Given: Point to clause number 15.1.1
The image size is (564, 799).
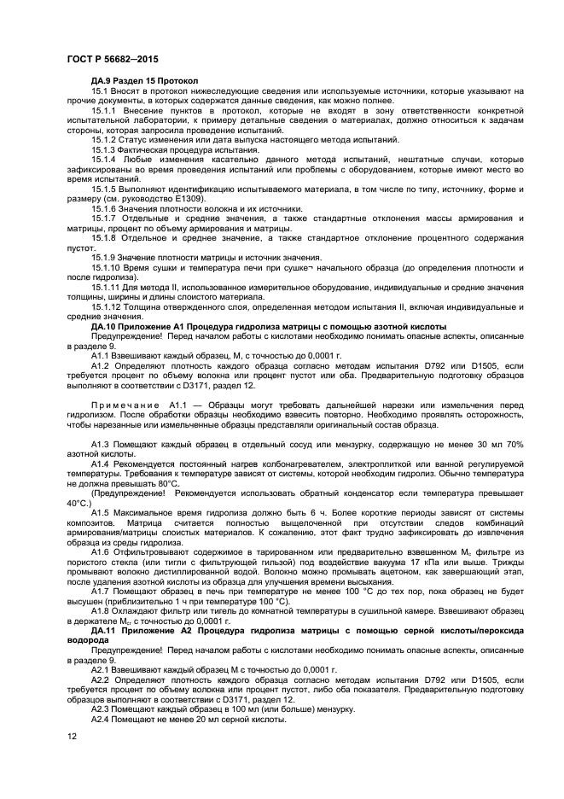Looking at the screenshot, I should [x=106, y=112].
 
